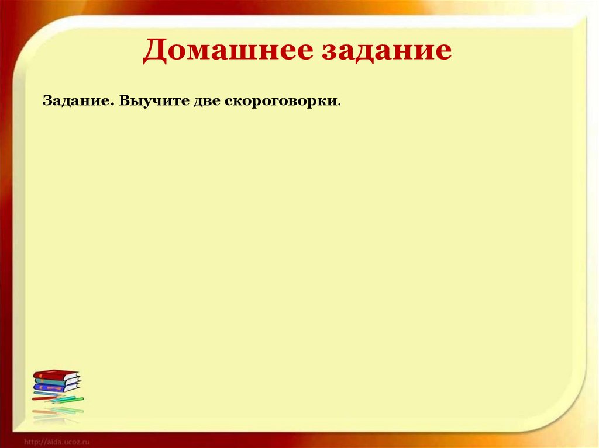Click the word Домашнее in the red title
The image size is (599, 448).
226,50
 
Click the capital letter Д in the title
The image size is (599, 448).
155,50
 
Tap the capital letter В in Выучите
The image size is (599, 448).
125,100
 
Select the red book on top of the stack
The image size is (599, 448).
54,374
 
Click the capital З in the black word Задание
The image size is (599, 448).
47,100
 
